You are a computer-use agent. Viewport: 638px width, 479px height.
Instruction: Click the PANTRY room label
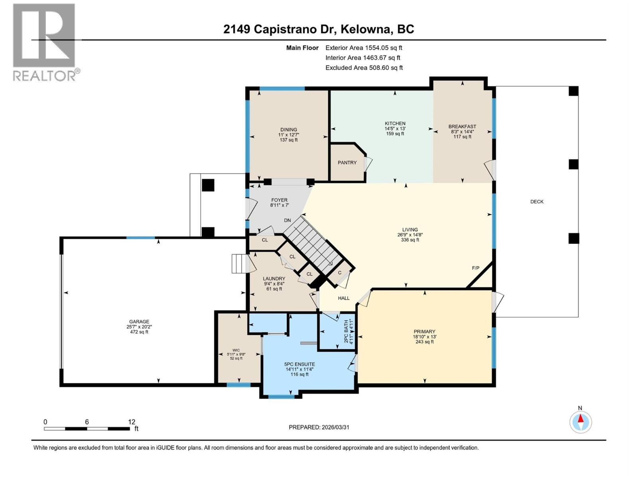point(347,162)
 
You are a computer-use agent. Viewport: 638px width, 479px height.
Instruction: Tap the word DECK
point(537,202)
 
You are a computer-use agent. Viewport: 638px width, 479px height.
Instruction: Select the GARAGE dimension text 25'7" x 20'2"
point(139,327)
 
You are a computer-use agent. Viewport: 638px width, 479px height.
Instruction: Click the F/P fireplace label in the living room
point(475,268)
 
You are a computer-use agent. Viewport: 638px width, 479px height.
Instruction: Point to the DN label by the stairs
point(287,220)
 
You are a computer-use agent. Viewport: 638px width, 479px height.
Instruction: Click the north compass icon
point(581,422)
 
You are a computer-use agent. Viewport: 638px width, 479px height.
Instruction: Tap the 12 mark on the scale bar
point(132,422)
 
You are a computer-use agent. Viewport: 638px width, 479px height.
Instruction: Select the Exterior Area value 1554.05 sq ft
point(384,48)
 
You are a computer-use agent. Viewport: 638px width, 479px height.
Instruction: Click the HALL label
point(344,298)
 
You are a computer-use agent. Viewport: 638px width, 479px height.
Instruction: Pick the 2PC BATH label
point(346,331)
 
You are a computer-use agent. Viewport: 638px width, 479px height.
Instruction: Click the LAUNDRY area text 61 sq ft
point(274,289)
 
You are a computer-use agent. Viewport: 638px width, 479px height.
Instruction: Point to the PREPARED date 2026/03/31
point(335,427)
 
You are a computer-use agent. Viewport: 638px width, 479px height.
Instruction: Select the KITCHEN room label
point(395,123)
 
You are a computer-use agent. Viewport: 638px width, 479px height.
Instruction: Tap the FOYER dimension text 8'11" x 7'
point(279,205)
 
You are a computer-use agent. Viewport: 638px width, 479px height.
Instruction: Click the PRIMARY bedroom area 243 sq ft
point(424,342)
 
